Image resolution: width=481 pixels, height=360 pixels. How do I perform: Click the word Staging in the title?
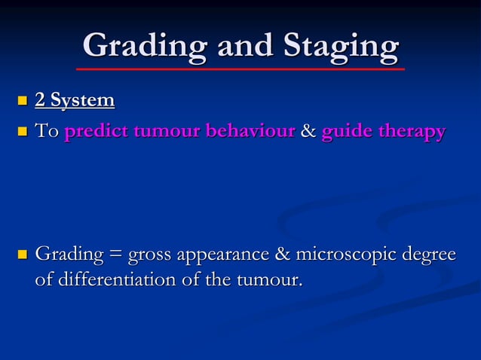341,47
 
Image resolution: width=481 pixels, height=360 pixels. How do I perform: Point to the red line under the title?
240,69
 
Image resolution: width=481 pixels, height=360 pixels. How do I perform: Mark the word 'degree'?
431,255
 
